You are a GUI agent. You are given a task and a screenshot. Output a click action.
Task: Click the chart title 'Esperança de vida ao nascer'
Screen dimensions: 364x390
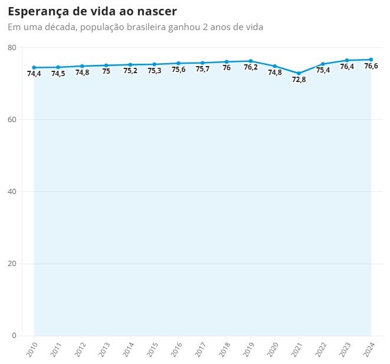click(x=92, y=12)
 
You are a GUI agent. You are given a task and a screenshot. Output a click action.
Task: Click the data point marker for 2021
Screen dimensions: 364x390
click(x=299, y=73)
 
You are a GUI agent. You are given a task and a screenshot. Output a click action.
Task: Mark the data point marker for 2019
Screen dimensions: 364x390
click(x=251, y=61)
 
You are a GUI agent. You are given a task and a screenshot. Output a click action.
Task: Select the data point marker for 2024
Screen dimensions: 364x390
click(x=371, y=60)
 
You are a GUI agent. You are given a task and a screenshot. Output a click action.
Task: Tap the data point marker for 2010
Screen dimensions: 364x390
click(x=34, y=67)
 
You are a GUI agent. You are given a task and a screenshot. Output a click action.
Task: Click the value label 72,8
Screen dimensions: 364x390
click(x=299, y=80)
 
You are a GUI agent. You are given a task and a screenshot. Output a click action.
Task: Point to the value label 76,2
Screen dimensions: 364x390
click(x=251, y=68)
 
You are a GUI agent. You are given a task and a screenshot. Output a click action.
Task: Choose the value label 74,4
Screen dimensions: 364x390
click(x=34, y=74)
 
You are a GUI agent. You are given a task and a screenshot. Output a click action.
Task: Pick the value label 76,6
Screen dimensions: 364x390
click(x=371, y=67)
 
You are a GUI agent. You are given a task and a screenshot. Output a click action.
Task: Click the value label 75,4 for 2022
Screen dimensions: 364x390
click(x=323, y=71)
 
